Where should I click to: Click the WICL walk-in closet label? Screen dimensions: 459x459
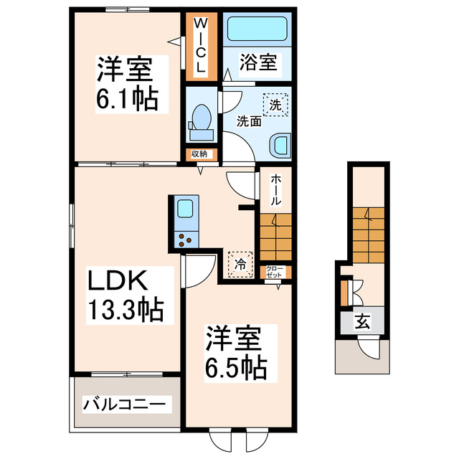[x=202, y=47]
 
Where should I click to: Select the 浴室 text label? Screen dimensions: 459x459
[x=257, y=62]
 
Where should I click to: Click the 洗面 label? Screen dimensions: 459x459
[x=249, y=121]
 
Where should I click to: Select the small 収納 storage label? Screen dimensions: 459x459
[x=199, y=153]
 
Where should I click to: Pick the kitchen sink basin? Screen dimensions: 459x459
[x=185, y=210]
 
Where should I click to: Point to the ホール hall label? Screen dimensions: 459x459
[x=275, y=190]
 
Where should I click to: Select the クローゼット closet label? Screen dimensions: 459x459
[x=275, y=273]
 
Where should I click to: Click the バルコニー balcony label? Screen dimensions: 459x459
[x=126, y=403]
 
